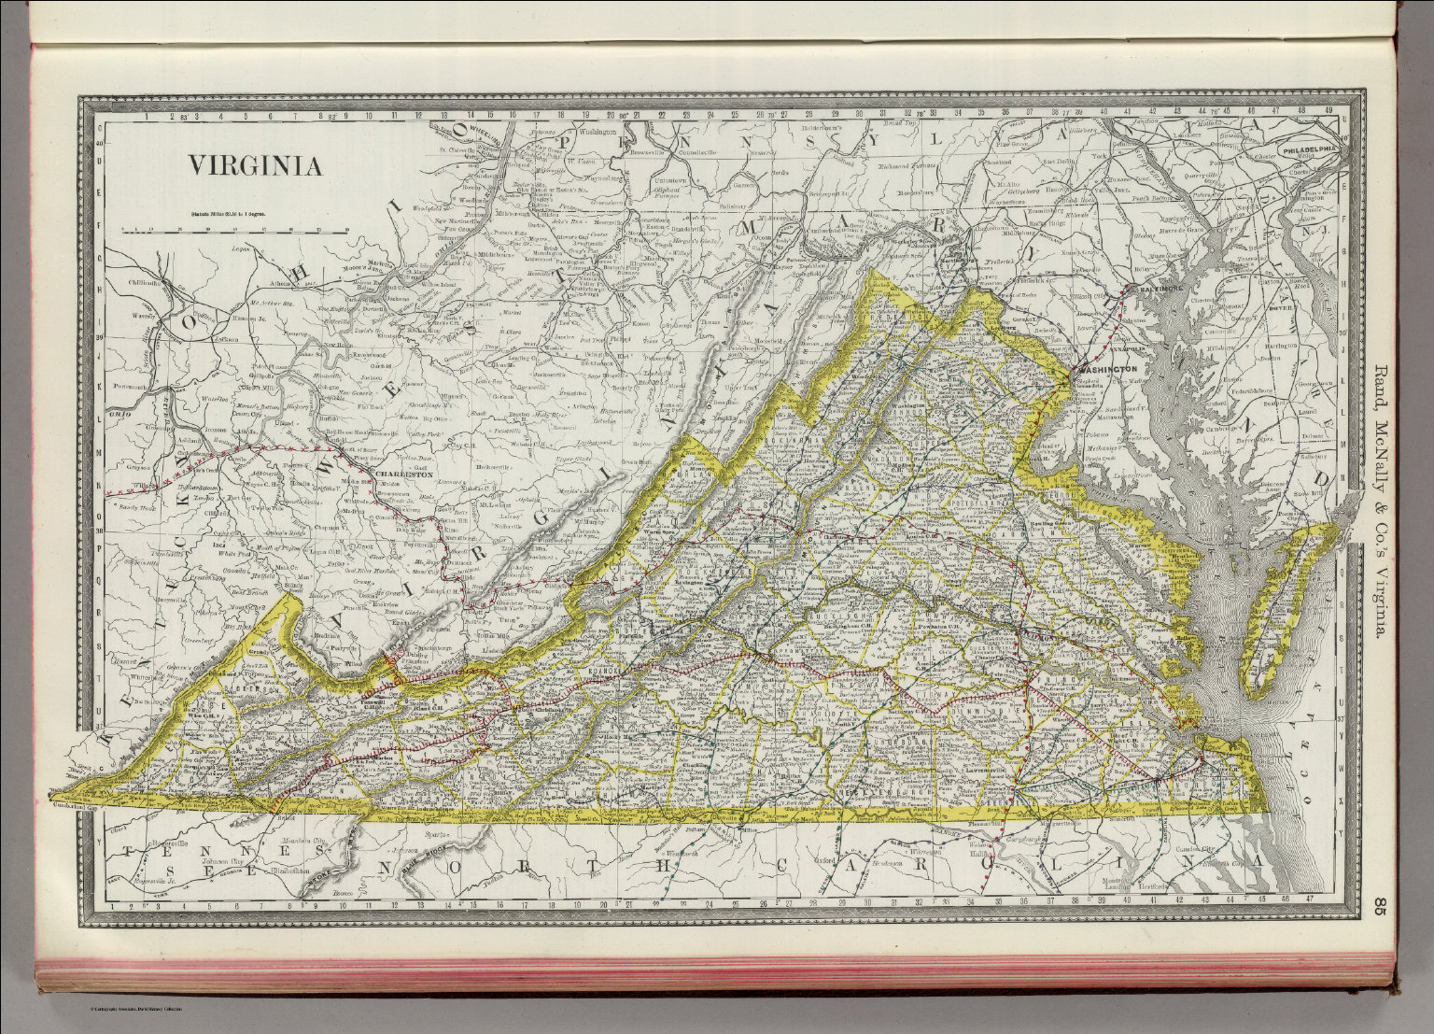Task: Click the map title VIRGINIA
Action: [257, 166]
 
